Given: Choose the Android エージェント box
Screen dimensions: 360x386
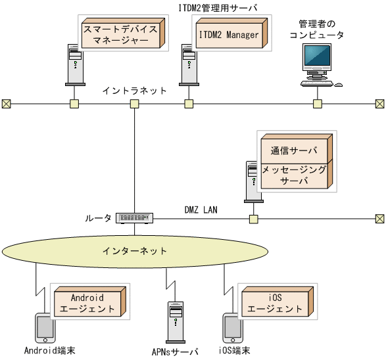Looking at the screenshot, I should pos(88,303).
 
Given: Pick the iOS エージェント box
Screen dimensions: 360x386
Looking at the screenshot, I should pos(275,303).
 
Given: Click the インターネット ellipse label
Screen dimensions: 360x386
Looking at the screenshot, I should pos(135,251).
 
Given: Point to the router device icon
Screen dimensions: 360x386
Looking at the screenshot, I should pos(134,217).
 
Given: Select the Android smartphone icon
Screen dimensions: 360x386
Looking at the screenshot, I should pos(44,328).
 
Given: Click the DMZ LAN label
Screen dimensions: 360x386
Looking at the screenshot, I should pos(201,210).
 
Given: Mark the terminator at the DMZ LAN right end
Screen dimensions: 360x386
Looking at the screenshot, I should pos(379,218).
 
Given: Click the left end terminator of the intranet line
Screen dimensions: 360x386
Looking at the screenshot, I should pos(6,103).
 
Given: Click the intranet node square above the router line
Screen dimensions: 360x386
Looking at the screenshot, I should pos(134,103).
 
